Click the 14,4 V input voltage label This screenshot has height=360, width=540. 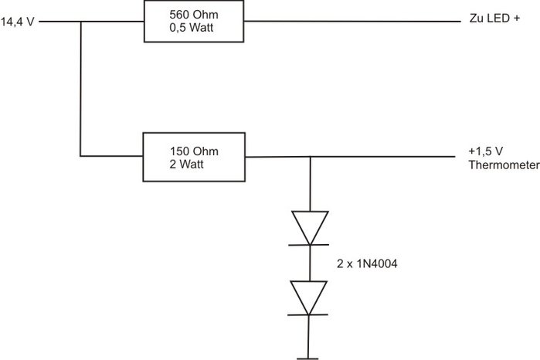16,22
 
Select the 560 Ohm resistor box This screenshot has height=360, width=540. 194,21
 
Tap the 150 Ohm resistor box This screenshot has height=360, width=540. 194,157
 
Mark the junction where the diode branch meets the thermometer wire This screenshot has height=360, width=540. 310,158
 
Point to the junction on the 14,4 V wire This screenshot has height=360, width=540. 80,22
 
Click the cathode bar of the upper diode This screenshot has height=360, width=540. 310,244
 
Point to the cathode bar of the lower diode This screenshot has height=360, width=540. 310,314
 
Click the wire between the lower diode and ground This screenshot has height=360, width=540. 310,336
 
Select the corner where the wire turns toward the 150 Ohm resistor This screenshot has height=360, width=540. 80,157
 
